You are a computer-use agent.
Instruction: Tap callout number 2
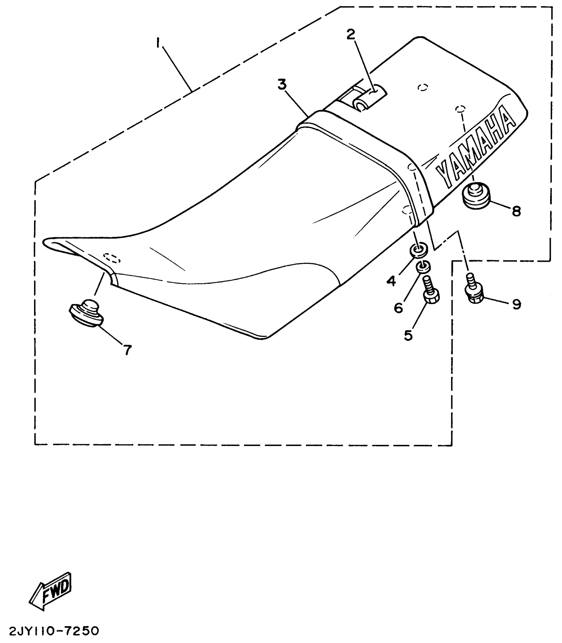(350, 34)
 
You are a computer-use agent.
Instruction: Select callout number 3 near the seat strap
(282, 85)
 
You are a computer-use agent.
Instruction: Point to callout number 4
(391, 281)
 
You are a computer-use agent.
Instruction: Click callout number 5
(408, 335)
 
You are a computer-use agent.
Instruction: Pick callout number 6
(398, 308)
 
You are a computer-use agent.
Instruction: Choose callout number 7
(128, 350)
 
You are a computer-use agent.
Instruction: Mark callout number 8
(516, 211)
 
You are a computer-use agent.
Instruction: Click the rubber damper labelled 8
(476, 196)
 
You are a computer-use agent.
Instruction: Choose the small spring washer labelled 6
(423, 266)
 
